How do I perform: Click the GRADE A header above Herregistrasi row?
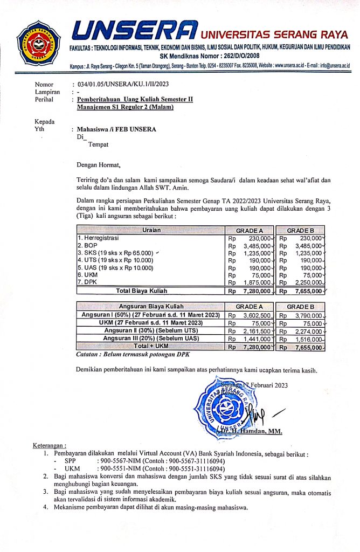[x=248, y=230]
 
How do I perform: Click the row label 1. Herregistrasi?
[x=99, y=238]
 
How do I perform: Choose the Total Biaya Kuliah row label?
[x=142, y=291]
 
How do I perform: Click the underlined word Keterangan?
[x=50, y=447]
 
